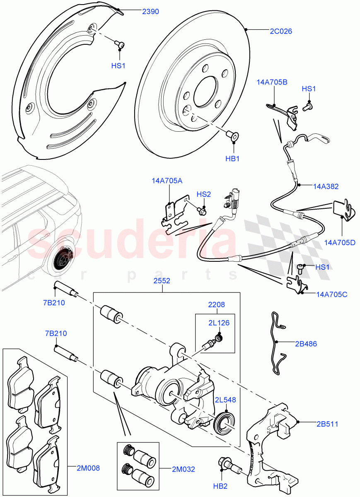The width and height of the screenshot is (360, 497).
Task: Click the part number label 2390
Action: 150,12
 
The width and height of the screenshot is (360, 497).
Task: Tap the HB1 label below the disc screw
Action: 234,158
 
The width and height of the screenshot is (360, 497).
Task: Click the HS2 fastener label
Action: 203,194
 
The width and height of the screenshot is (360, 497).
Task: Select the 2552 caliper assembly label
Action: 162,280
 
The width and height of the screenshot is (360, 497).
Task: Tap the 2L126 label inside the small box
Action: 219,323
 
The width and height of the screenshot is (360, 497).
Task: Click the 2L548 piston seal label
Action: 225,400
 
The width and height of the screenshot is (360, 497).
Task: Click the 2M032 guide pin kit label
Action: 184,469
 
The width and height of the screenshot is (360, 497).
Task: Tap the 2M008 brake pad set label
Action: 88,468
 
